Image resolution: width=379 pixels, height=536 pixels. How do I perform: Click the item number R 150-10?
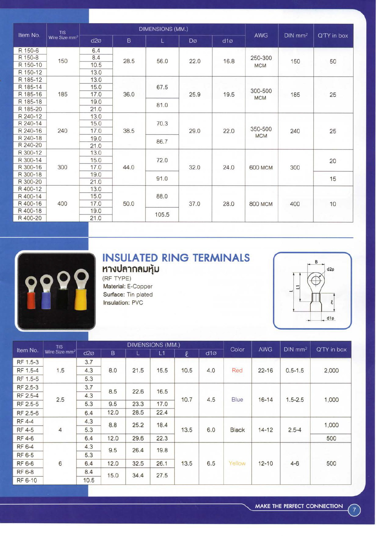pos(30,65)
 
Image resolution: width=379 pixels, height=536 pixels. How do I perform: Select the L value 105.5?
pos(162,215)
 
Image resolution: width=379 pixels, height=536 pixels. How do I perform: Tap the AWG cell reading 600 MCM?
pos(261,168)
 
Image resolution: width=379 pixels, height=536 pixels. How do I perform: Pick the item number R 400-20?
pos(30,218)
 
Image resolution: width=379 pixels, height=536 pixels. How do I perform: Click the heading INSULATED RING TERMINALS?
pos(176,258)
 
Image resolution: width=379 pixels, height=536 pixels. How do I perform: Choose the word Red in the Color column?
pos(237,370)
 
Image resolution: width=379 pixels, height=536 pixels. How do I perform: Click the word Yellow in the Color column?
pos(237,463)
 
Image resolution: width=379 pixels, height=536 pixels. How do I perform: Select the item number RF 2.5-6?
pos(28,413)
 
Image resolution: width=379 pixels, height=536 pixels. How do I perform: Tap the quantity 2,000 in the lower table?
pos(331,370)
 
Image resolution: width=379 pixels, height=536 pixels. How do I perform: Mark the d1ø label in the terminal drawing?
pos(330,318)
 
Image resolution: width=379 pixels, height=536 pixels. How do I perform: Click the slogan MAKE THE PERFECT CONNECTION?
pos(299,506)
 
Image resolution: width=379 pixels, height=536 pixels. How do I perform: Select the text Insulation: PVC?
pos(123,303)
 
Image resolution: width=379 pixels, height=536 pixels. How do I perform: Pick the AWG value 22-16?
pos(266,370)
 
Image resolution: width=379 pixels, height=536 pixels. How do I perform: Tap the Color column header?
pos(237,349)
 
